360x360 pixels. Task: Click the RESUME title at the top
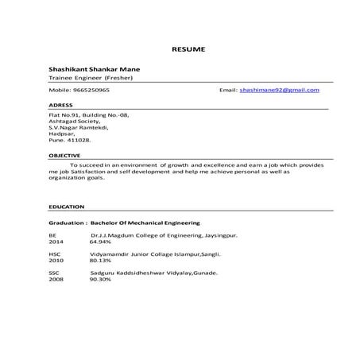click(188, 49)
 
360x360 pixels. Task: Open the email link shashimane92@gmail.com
click(280, 91)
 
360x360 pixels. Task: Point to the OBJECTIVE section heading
click(64, 154)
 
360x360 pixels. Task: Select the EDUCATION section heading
click(65, 207)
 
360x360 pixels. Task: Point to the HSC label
click(55, 253)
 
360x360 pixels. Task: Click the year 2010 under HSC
click(56, 259)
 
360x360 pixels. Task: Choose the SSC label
click(54, 273)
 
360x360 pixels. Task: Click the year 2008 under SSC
click(56, 279)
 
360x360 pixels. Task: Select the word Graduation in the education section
click(67, 223)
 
